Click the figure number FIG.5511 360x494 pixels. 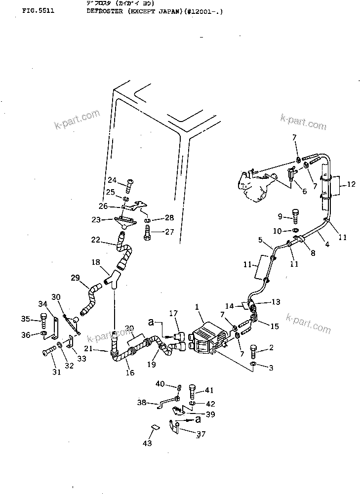(38, 10)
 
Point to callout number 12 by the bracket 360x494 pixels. (351, 185)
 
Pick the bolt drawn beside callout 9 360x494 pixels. (295, 216)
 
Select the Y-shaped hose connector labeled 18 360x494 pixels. (115, 280)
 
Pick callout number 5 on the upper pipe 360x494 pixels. (260, 241)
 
